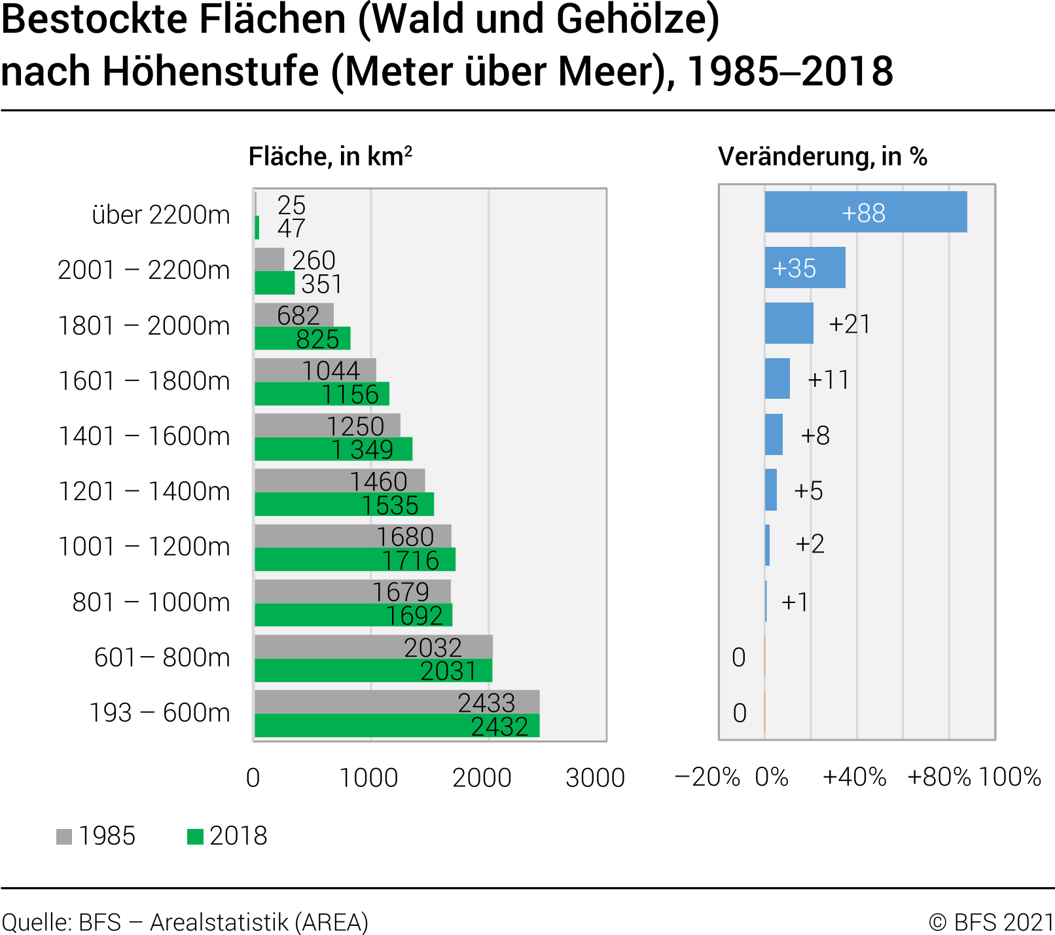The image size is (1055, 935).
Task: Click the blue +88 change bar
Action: [865, 212]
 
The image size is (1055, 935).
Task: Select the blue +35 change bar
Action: [805, 268]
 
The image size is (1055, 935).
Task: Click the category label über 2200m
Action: [161, 215]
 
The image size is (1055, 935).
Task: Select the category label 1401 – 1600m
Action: [144, 436]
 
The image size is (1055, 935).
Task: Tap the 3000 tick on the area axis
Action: [595, 778]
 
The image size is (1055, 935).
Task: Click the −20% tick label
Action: [707, 777]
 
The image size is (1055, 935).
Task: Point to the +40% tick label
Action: [854, 777]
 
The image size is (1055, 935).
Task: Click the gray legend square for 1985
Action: [64, 837]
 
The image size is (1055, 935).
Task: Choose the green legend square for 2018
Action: [195, 837]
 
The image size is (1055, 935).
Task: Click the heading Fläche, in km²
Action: [331, 157]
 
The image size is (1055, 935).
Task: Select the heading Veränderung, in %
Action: [822, 157]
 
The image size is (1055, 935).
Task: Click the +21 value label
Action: [849, 324]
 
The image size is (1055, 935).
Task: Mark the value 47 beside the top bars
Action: [291, 229]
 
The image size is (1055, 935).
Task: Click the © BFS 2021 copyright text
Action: [991, 922]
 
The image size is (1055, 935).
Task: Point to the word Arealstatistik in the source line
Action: [219, 922]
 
